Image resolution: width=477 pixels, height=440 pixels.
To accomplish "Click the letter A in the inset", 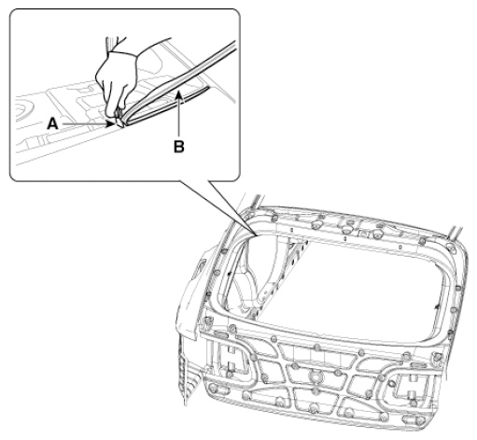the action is [52, 124].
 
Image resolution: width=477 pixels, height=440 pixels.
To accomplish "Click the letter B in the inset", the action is [179, 147].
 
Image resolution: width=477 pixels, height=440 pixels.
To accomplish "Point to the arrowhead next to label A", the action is [110, 124].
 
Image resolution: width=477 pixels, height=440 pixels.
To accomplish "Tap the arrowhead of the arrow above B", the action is [178, 94].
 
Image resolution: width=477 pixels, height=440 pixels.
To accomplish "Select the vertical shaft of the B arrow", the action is [179, 118].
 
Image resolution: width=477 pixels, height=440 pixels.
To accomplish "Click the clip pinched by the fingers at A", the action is [119, 120].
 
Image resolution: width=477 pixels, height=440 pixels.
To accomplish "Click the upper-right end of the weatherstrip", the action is [232, 45].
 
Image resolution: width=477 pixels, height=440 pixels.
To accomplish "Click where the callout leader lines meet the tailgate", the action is [257, 234].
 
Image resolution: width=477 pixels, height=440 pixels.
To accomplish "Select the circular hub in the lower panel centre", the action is [316, 376].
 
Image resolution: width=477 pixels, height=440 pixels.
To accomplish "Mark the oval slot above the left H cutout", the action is [221, 334].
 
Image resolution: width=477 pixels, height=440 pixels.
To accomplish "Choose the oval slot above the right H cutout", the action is [417, 365].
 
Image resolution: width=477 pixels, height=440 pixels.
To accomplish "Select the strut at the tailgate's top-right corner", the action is [455, 233].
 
